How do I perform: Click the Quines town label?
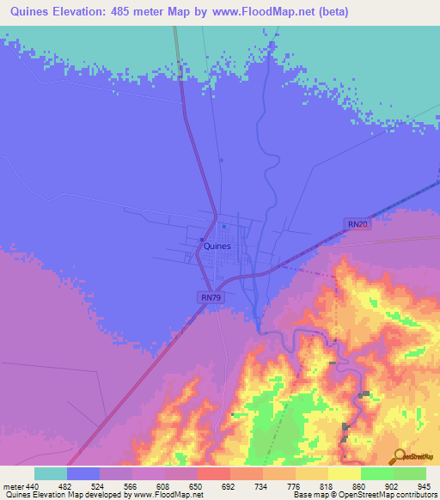point(217,246)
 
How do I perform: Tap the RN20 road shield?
point(357,224)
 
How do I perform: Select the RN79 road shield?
point(209,297)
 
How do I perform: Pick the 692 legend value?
point(229,485)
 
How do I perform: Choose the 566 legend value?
point(131,485)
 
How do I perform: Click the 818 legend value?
point(327,485)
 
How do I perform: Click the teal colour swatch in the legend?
point(51,473)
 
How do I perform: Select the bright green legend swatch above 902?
point(377,473)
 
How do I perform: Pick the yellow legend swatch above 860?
point(345,473)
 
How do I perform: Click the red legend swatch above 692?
point(214,473)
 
